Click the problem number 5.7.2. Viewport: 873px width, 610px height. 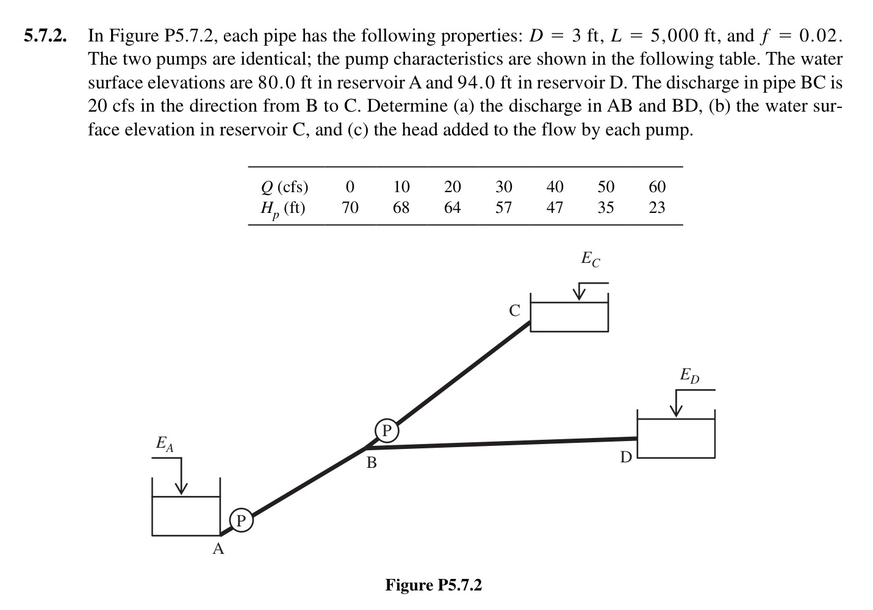(45, 36)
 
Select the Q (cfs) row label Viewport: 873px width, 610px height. (284, 187)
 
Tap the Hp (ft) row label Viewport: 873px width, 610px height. (283, 209)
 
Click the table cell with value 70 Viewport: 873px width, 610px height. (350, 208)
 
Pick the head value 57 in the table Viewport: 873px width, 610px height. (503, 208)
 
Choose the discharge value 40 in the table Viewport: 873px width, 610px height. (555, 187)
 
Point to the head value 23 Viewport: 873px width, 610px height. (657, 208)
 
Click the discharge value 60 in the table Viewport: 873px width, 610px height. (657, 187)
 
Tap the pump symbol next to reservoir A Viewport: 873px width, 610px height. (240, 520)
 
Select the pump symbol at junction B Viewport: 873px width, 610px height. (386, 431)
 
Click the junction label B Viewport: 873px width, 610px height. (371, 463)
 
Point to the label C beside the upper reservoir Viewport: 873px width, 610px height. (514, 311)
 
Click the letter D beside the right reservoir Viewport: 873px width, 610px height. (626, 457)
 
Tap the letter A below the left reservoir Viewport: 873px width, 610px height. (218, 550)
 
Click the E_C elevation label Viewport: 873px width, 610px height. (590, 259)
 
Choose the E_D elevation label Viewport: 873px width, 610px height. (690, 375)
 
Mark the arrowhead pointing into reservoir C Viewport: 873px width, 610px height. (578, 296)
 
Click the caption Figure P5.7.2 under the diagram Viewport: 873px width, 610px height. (433, 586)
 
